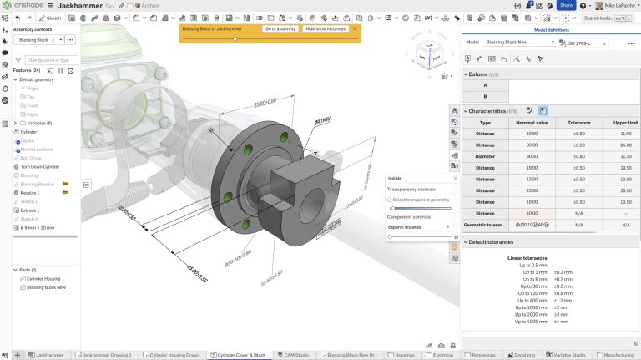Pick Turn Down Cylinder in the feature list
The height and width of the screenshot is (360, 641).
pyautogui.click(x=40, y=166)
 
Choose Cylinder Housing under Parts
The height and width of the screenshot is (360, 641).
pyautogui.click(x=43, y=278)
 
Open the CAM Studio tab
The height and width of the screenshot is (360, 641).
pyautogui.click(x=290, y=355)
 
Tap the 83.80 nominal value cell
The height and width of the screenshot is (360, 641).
pyautogui.click(x=532, y=144)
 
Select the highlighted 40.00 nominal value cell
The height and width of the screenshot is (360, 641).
pyautogui.click(x=532, y=213)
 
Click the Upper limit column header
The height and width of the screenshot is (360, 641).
pyautogui.click(x=614, y=122)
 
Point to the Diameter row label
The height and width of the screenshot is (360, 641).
pyautogui.click(x=485, y=155)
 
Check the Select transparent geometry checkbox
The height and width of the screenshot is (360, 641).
pyautogui.click(x=390, y=200)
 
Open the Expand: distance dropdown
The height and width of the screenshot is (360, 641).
pyautogui.click(x=420, y=226)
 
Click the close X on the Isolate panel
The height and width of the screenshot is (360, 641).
pyautogui.click(x=455, y=178)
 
